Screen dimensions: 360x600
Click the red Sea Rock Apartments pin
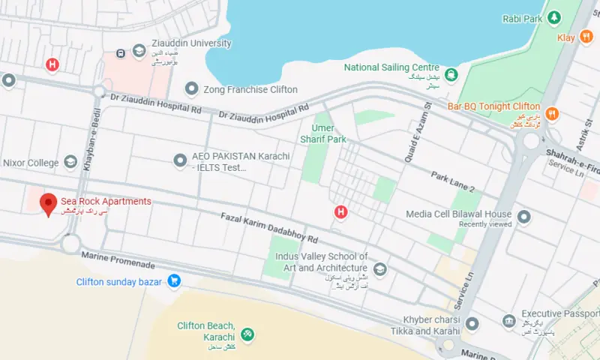tap(49, 203)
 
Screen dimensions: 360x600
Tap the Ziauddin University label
tap(191, 43)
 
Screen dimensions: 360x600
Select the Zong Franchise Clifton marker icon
tap(191, 90)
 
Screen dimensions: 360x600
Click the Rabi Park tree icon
tap(554, 16)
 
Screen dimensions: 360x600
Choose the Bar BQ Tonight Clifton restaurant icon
tap(552, 113)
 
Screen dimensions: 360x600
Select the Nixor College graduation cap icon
tap(70, 162)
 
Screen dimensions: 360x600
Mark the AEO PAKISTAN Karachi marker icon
tap(180, 160)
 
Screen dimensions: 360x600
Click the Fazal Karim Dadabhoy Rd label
tap(269, 228)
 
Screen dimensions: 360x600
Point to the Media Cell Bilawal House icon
tap(524, 218)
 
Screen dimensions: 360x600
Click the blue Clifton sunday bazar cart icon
tap(174, 282)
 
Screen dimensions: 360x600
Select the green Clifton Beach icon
tap(247, 333)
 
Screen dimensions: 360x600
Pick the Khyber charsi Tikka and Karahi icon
tap(472, 325)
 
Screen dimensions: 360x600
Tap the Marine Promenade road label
tap(119, 261)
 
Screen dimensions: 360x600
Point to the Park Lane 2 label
tap(453, 180)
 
